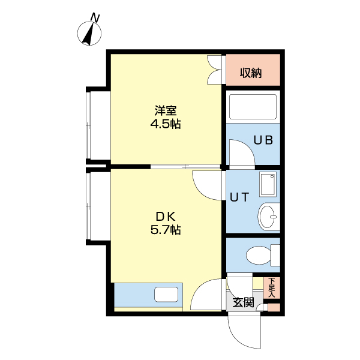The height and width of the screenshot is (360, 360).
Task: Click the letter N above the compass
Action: (95, 18)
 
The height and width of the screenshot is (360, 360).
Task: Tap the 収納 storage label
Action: (251, 73)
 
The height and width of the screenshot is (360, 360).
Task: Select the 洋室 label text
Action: (166, 110)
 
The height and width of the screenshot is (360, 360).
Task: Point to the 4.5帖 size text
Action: (166, 124)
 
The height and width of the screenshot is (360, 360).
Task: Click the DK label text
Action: (166, 216)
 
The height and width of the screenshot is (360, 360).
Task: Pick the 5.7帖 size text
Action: (166, 230)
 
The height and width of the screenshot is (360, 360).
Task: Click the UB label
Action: (263, 140)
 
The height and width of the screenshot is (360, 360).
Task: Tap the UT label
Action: (239, 197)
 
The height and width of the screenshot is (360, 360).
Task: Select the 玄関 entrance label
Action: (244, 302)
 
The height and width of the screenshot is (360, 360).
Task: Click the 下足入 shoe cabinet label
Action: (272, 287)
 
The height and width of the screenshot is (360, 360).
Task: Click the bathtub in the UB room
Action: (253, 107)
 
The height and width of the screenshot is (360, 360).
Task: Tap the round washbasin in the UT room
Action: (268, 217)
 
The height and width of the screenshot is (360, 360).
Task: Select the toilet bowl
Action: (258, 255)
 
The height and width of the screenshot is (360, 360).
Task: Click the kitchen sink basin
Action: (166, 295)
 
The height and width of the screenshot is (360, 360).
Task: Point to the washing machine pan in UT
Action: (268, 184)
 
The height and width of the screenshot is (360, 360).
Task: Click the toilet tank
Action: (275, 255)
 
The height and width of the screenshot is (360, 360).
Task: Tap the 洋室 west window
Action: (89, 125)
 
